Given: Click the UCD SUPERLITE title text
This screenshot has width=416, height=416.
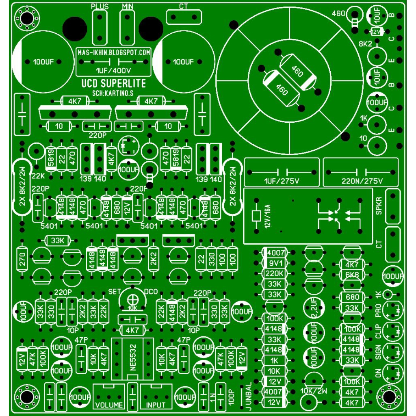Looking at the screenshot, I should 113,84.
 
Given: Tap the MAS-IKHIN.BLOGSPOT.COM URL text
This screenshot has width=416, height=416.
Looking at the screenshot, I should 113,52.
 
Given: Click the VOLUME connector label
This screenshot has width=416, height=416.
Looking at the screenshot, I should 109,405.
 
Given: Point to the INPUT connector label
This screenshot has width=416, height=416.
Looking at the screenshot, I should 156,405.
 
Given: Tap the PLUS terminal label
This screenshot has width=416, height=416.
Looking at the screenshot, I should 100,7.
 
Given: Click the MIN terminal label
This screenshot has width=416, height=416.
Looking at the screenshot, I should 128,7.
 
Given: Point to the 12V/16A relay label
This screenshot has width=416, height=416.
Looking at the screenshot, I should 267,217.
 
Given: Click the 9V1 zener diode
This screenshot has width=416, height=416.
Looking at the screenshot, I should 275,263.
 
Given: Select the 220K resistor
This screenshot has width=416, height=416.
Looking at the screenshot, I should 275,273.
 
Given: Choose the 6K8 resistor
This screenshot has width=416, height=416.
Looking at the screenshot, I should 352,275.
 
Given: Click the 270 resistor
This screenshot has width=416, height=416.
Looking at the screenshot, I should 22,259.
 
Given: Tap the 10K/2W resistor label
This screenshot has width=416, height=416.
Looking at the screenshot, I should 312,391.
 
